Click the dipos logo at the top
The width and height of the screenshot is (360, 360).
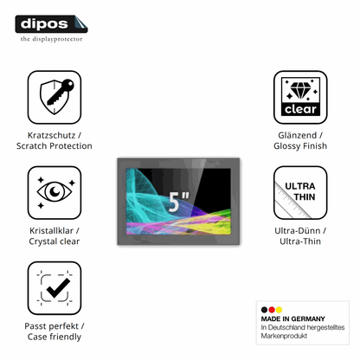pyautogui.click(x=51, y=24)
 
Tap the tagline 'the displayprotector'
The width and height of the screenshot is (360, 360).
pyautogui.click(x=51, y=39)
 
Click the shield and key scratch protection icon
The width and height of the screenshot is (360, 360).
pyautogui.click(x=56, y=97)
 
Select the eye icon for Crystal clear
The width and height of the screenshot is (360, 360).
pyautogui.click(x=55, y=192)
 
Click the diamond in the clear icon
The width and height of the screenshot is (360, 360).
pyautogui.click(x=300, y=90)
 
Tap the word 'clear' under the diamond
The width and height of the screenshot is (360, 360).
pyautogui.click(x=300, y=109)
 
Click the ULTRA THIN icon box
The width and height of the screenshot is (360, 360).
pyautogui.click(x=300, y=192)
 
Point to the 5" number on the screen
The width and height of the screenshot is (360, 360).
pyautogui.click(x=178, y=202)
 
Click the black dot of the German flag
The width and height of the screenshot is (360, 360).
pyautogui.click(x=264, y=310)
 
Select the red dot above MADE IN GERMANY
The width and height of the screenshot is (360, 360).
pyautogui.click(x=272, y=310)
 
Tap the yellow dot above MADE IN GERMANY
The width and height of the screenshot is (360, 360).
pyautogui.click(x=279, y=310)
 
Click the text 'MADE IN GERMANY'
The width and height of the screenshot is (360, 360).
pyautogui.click(x=292, y=318)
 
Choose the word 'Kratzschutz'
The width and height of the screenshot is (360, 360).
pyautogui.click(x=51, y=135)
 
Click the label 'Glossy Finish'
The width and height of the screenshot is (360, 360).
pyautogui.click(x=300, y=146)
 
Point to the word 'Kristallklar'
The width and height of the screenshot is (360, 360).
pyautogui.click(x=51, y=231)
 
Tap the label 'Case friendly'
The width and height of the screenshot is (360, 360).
pyautogui.click(x=55, y=337)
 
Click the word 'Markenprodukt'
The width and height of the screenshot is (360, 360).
pyautogui.click(x=284, y=336)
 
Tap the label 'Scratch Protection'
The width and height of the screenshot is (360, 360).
pyautogui.click(x=55, y=146)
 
